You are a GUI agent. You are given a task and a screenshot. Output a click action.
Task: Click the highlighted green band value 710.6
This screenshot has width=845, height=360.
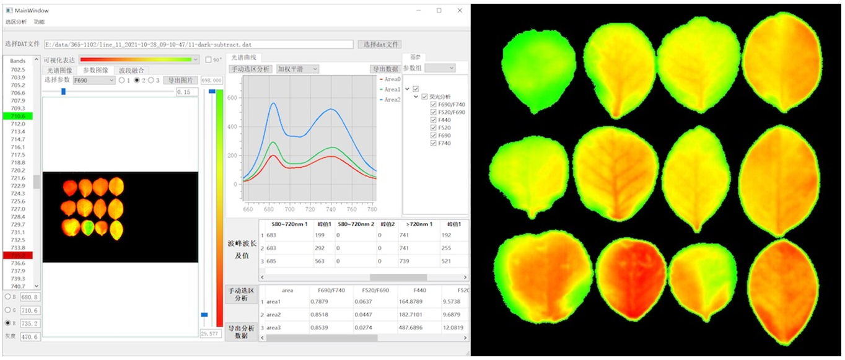pos(18,116)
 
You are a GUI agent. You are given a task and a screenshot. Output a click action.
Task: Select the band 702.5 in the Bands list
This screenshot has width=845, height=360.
pos(18,69)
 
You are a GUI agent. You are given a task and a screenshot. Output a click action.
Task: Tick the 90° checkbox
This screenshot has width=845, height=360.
pos(209,60)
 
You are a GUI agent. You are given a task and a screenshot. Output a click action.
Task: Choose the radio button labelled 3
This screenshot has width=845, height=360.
pos(151,81)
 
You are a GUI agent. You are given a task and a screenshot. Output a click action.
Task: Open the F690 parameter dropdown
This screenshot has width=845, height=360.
pos(94,81)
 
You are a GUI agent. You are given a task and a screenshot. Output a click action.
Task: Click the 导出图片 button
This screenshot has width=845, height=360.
pos(180,81)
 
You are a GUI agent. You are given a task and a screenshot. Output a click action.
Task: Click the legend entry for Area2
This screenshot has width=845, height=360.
pos(392,99)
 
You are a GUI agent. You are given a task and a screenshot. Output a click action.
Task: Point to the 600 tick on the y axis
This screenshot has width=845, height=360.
pos(233,98)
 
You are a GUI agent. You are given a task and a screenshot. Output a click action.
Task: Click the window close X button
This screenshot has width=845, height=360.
pos(459,11)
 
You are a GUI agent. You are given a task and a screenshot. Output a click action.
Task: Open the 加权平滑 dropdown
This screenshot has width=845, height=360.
pos(297,69)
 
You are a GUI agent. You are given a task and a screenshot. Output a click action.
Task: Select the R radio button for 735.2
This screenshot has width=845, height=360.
pos(7,323)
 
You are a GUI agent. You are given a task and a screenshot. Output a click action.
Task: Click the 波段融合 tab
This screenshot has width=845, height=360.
pos(131,71)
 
